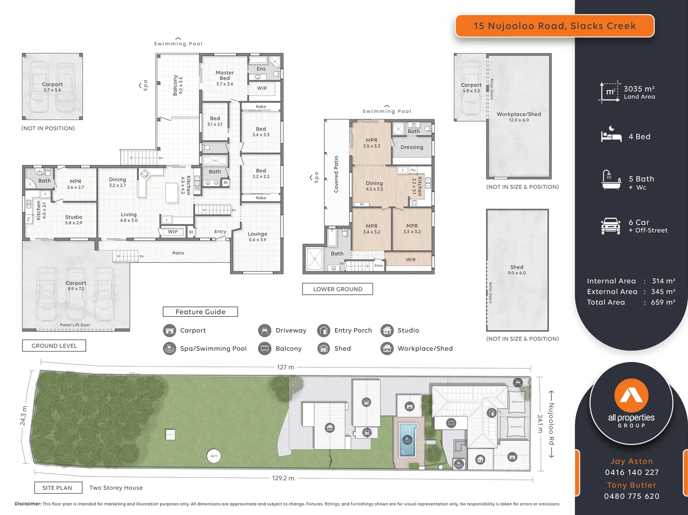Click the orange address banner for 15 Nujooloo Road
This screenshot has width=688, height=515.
(x=554, y=26)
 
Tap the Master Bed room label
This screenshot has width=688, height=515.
(x=225, y=76)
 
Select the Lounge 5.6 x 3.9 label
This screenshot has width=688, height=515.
(x=257, y=237)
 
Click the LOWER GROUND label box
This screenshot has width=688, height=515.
(x=337, y=289)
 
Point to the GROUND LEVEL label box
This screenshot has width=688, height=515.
(x=54, y=346)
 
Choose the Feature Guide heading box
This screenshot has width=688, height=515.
(x=200, y=312)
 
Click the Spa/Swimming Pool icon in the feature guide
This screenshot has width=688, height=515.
(x=169, y=349)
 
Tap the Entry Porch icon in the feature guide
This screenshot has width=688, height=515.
(x=323, y=330)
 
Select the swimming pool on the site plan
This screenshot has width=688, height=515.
(x=407, y=439)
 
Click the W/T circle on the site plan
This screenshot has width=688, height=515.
(x=214, y=456)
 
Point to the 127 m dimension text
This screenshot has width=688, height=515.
(x=285, y=367)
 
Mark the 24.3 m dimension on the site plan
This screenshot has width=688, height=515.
(x=23, y=416)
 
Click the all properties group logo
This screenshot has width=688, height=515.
(x=631, y=403)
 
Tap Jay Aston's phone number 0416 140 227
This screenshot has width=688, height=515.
(x=631, y=473)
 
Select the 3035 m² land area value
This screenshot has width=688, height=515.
(x=639, y=89)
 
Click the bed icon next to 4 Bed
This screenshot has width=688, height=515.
(x=611, y=135)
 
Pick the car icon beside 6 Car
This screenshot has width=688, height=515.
(x=611, y=226)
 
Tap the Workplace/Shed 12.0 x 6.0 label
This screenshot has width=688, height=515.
(x=519, y=116)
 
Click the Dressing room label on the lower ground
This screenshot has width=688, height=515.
(x=412, y=147)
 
